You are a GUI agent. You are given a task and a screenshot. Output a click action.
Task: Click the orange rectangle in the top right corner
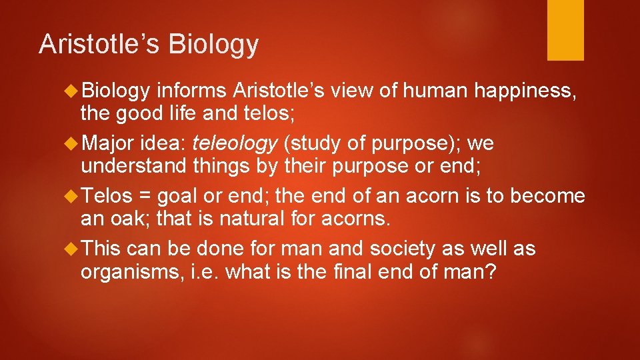coord(565,30)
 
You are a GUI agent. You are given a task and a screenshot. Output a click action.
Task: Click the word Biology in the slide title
coord(213,44)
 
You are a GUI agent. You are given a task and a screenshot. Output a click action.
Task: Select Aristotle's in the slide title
coord(100,44)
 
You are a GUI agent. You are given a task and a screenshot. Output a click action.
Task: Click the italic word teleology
coord(234,143)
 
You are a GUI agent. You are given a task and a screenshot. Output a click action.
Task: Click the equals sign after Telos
coord(145,197)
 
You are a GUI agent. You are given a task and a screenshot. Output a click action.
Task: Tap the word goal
coord(175,197)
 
